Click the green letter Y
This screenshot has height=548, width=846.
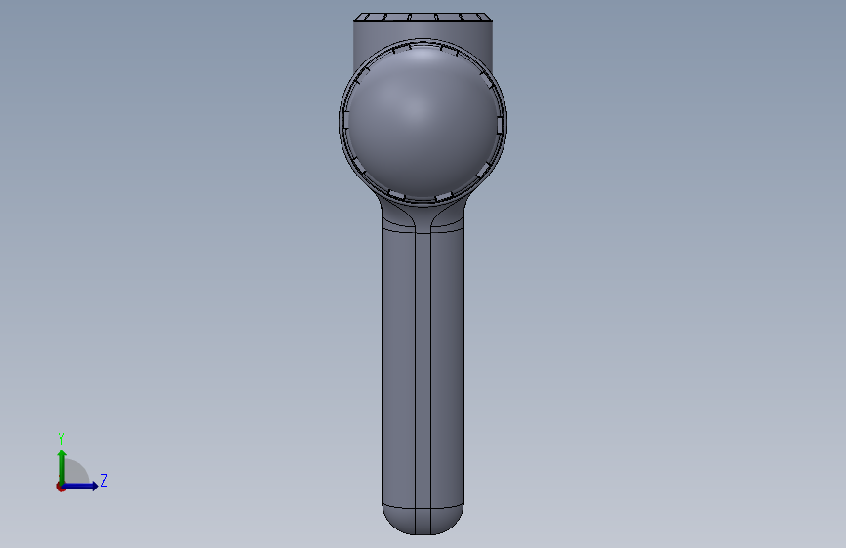click(61, 438)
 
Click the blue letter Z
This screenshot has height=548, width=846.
click(104, 480)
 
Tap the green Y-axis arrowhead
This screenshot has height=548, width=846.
click(62, 454)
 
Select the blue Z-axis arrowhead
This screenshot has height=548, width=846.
click(94, 486)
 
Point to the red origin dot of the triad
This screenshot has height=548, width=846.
click(60, 487)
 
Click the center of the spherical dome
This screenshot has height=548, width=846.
click(423, 121)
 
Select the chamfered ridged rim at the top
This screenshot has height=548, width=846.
click(423, 18)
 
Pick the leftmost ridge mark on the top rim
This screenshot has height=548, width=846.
click(366, 18)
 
